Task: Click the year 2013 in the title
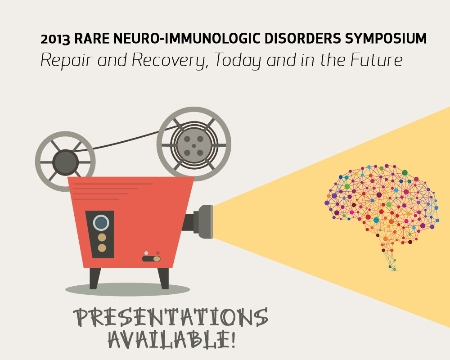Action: point(55,39)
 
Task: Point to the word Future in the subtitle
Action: point(376,60)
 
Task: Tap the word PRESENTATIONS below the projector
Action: point(171,317)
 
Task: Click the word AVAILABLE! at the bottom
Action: point(172,340)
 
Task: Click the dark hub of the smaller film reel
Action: point(65,162)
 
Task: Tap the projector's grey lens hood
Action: point(206,222)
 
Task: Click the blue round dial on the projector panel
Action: point(101,222)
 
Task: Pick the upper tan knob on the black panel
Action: point(102,238)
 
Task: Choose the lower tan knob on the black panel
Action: point(102,248)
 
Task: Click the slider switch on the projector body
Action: point(151,259)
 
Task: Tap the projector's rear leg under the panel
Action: point(94,278)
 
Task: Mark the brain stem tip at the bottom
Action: point(394,269)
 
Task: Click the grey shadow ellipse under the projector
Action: point(128,289)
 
